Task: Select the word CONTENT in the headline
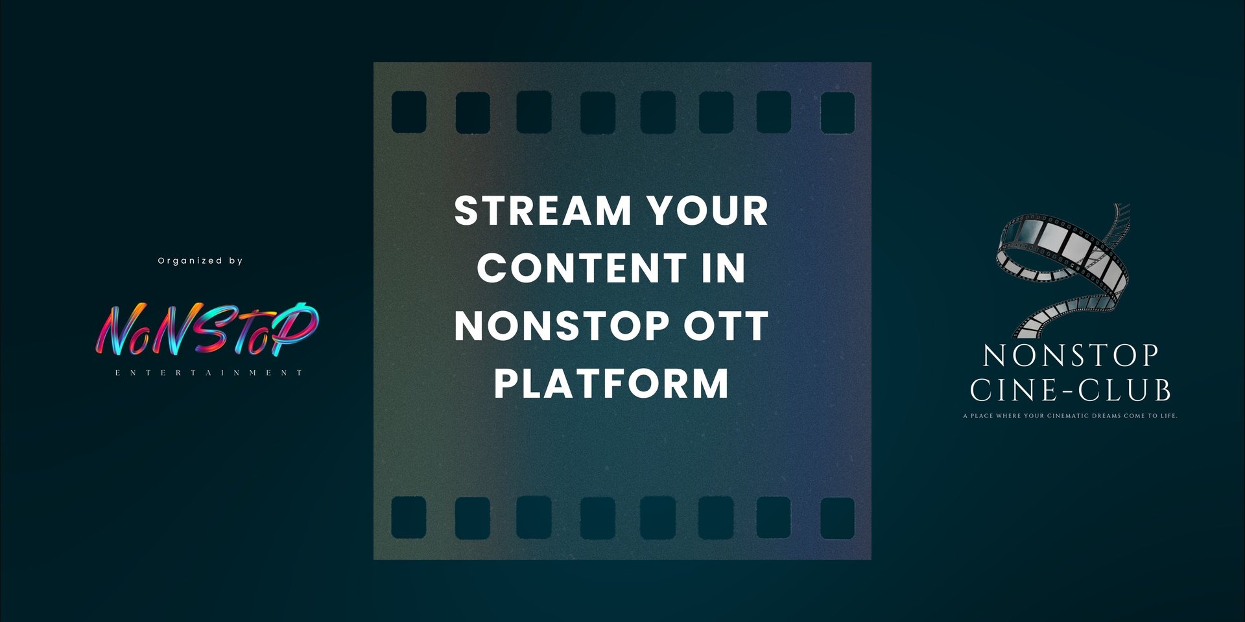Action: point(582,268)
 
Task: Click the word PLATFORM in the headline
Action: point(611,382)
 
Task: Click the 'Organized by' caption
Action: point(200,260)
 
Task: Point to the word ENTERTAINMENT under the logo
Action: point(209,373)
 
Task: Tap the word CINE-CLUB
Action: point(1071,391)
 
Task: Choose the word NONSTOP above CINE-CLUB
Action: point(1071,356)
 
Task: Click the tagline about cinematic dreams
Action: point(1071,416)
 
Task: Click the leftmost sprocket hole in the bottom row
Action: point(409,518)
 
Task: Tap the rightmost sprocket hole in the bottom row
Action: point(837,518)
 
